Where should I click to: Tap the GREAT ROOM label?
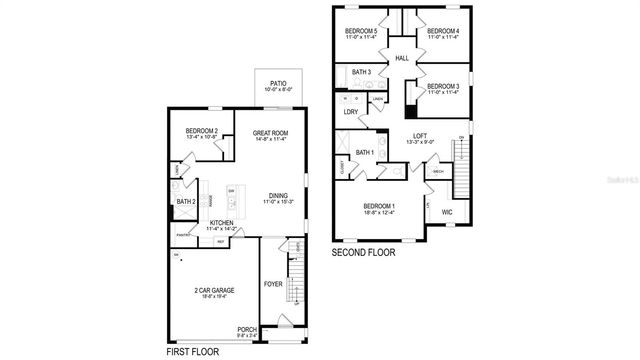click(x=271, y=133)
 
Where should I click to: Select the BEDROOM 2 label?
click(x=203, y=132)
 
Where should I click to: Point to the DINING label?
click(x=279, y=196)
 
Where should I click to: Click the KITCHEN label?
click(x=223, y=224)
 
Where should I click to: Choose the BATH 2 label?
click(x=186, y=202)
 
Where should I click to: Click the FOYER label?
click(x=273, y=284)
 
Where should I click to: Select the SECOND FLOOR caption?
click(x=363, y=253)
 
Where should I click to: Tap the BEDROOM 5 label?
click(x=360, y=32)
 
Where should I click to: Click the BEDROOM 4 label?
click(x=443, y=32)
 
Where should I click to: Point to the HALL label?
click(x=402, y=59)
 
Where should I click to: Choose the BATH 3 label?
click(x=361, y=72)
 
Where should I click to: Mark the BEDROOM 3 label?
click(x=442, y=87)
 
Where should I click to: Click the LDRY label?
click(x=350, y=112)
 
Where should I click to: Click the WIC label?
click(x=447, y=212)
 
